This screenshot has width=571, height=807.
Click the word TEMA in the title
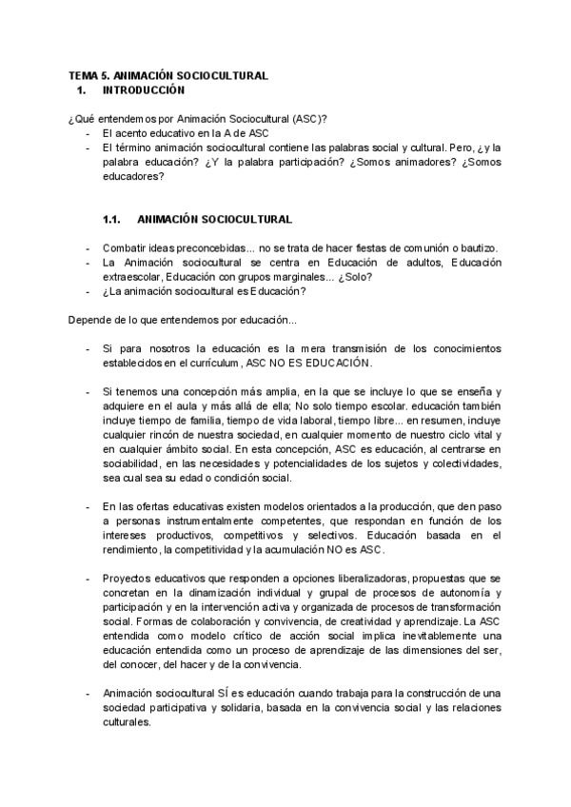[81, 74]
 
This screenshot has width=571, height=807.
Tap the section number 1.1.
[114, 220]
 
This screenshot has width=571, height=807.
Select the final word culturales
[127, 722]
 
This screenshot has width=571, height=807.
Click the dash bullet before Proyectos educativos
[89, 579]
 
